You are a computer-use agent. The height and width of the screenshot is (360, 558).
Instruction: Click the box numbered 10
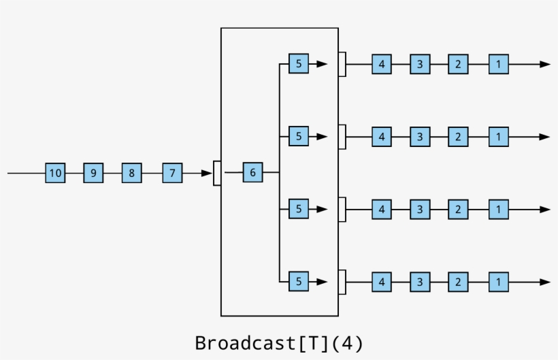point(55,174)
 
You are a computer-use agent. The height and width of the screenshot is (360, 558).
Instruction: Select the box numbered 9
point(93,174)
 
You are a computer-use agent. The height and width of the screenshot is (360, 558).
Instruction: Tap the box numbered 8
point(131,174)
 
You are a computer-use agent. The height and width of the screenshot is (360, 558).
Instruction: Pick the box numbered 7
point(172,174)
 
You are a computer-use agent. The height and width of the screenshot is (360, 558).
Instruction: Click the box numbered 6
point(252,173)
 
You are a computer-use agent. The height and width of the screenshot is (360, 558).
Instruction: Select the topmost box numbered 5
point(298,64)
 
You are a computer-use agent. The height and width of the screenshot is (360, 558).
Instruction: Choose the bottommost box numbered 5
point(298,281)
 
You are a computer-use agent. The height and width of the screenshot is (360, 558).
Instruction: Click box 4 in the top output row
point(381,65)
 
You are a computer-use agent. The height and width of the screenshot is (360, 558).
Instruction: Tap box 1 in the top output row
point(498,65)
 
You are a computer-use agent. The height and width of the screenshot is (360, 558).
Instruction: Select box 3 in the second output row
point(420,137)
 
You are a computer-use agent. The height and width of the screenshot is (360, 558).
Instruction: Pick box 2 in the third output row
point(458,210)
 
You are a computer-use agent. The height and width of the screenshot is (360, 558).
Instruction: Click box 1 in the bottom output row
point(498,282)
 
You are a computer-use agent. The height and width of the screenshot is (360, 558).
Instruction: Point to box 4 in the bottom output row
point(381,282)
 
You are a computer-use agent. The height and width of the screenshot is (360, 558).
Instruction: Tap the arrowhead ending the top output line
point(544,65)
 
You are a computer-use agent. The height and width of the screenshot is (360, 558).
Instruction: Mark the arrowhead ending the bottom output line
point(544,282)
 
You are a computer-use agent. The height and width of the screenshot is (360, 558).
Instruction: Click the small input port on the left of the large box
point(217,173)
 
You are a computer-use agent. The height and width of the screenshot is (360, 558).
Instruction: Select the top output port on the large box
point(342,65)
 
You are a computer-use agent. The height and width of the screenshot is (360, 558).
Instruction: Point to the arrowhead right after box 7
point(207,174)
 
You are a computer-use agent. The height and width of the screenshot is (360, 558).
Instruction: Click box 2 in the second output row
point(458,137)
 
